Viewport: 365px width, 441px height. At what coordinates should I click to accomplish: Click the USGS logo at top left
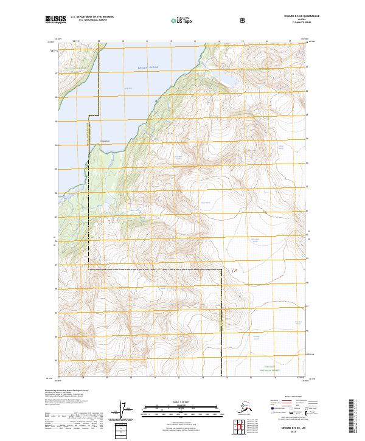pyautogui.click(x=55, y=19)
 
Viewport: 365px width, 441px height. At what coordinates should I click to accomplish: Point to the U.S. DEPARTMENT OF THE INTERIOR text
pyautogui.click(x=92, y=16)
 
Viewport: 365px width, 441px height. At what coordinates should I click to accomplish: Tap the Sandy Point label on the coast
pyautogui.click(x=104, y=141)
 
